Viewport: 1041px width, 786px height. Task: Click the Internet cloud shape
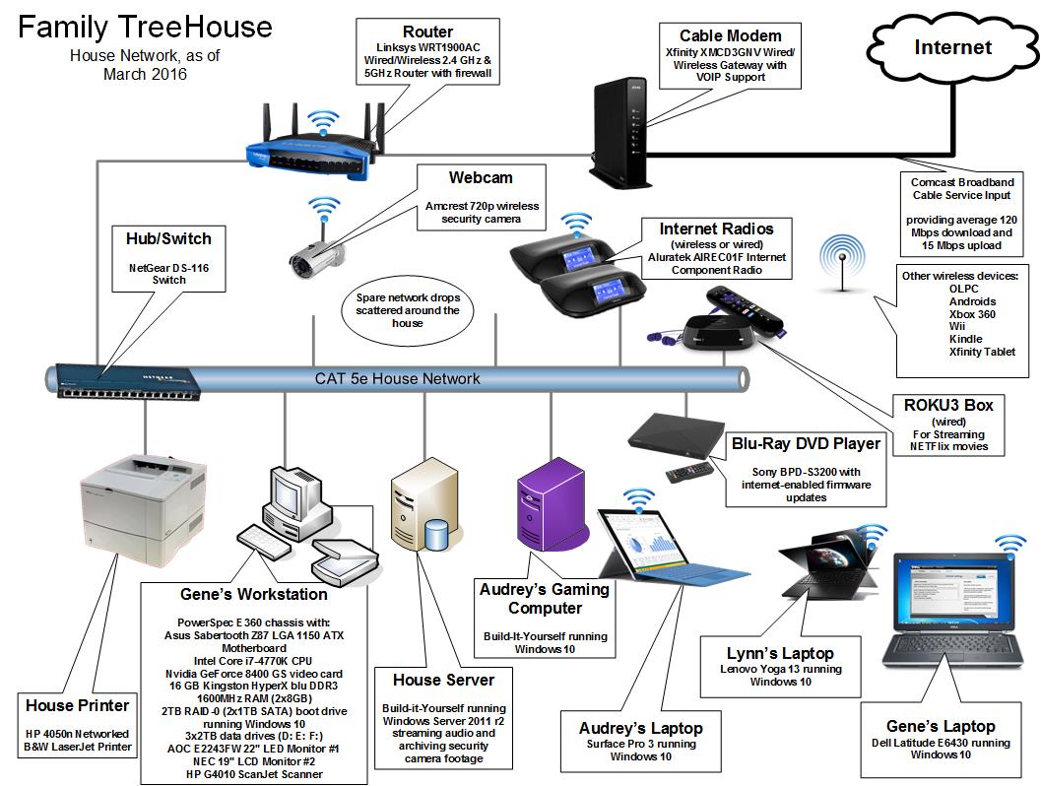[949, 48]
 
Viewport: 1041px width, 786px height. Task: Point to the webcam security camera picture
[315, 251]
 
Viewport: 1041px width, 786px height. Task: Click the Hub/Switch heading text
[168, 238]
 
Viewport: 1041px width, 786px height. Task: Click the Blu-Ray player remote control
[687, 472]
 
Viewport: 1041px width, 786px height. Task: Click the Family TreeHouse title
[145, 27]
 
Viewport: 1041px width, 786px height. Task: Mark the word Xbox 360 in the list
[972, 314]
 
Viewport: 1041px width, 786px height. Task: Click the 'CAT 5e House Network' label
[398, 378]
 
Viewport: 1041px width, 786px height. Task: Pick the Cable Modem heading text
[731, 36]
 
